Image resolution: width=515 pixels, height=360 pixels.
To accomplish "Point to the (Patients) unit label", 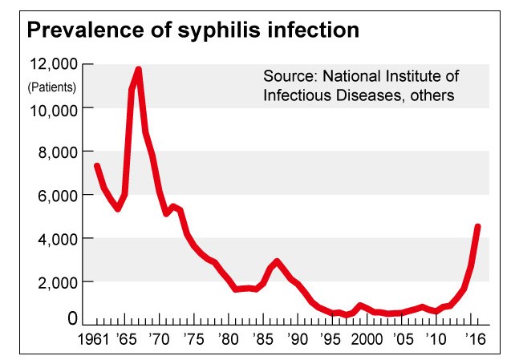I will pos(51,86).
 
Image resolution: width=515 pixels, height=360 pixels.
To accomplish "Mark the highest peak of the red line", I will pos(139,70).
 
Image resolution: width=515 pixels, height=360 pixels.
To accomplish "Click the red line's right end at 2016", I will pos(478,227).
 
